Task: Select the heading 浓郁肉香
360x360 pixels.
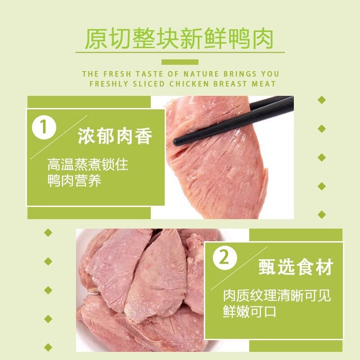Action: point(115,136)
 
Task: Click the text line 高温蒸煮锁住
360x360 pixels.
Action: point(87,165)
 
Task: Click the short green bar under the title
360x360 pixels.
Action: point(180,62)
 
